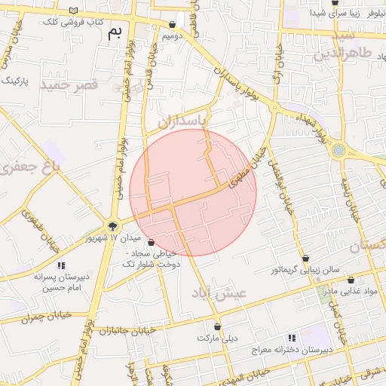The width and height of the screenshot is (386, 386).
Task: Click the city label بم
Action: [x=114, y=32]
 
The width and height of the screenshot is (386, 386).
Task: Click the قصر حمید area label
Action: [x=70, y=84]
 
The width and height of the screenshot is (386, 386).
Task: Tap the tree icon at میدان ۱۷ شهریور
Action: [x=113, y=225]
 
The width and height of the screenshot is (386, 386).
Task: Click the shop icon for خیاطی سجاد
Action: [x=152, y=243]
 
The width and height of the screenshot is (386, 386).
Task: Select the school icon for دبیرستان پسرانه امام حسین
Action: [x=61, y=265]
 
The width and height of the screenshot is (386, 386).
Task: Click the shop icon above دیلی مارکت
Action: [x=218, y=327]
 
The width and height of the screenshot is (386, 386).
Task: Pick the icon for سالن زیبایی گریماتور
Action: [x=306, y=258]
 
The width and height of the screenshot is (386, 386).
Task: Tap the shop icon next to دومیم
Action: [x=173, y=24]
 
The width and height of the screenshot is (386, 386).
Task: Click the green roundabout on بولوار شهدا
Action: [x=339, y=150]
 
